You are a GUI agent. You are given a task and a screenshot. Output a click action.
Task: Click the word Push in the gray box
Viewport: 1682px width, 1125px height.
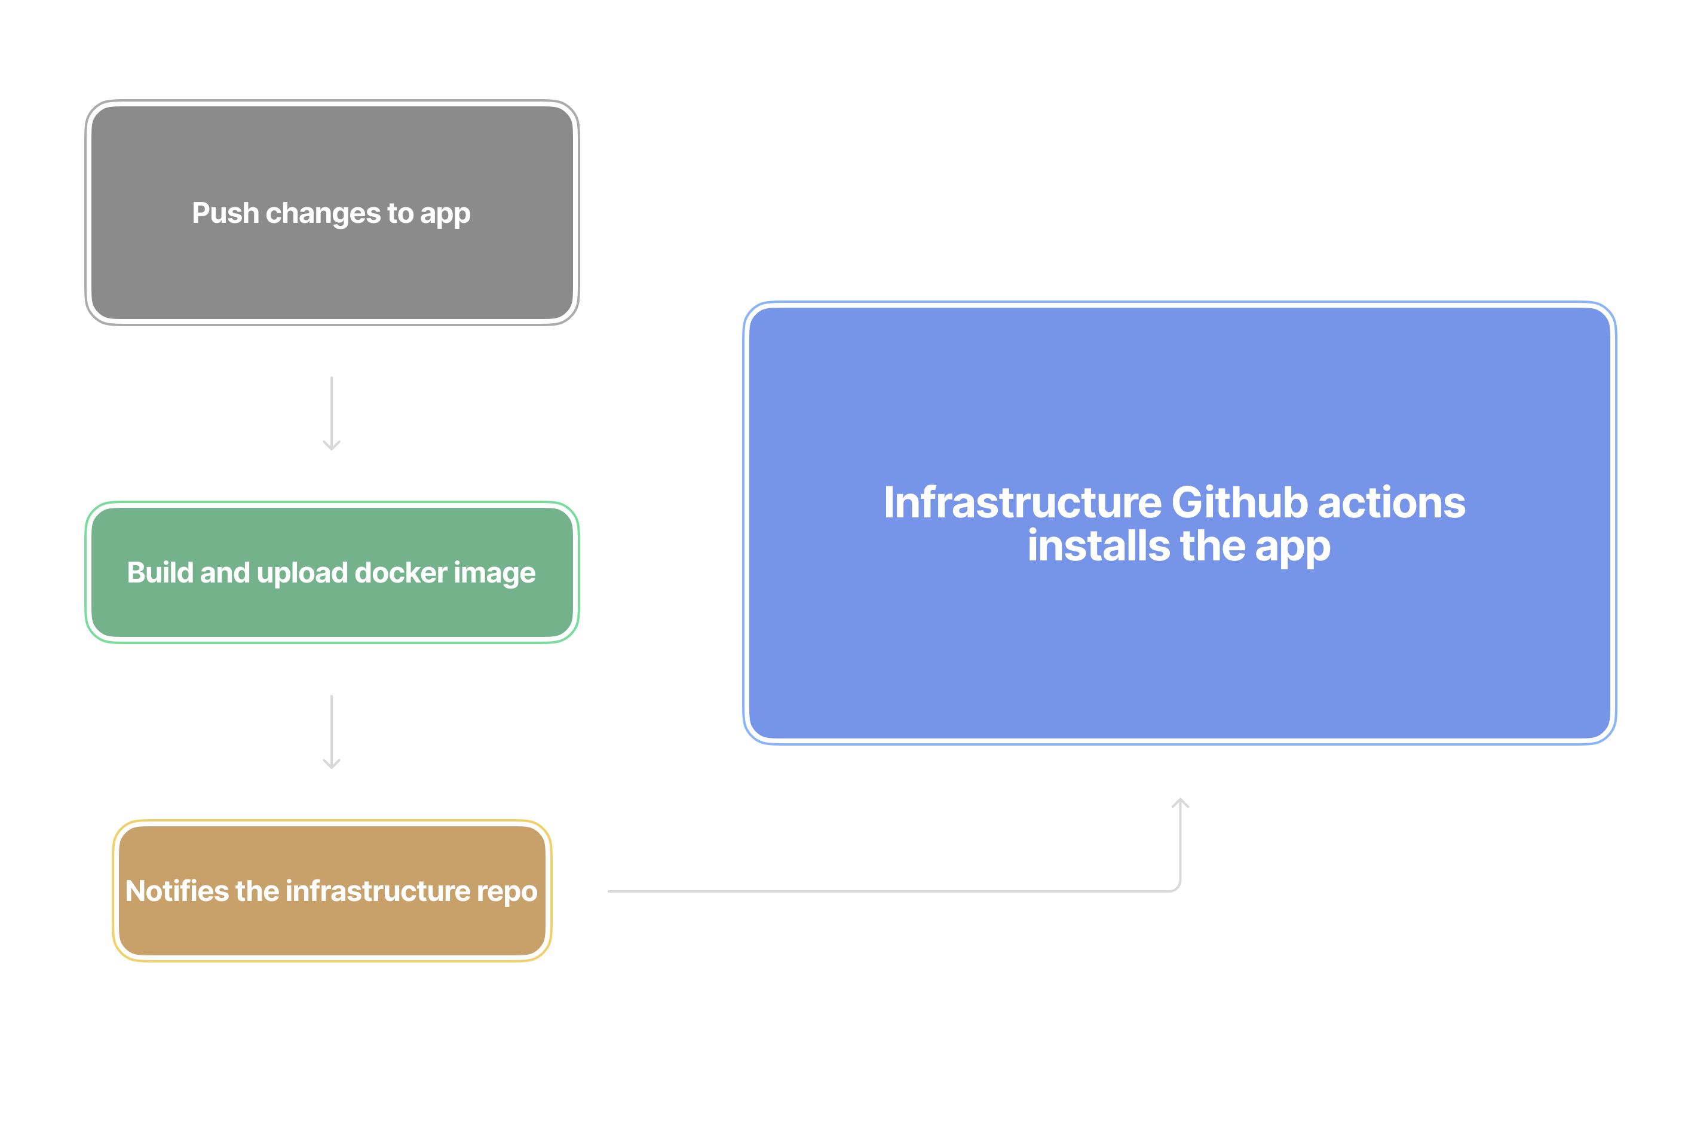(x=225, y=213)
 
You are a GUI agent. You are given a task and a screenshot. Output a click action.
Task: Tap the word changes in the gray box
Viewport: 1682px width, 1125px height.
(x=323, y=213)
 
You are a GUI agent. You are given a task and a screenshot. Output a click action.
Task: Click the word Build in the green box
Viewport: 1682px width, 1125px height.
(x=160, y=572)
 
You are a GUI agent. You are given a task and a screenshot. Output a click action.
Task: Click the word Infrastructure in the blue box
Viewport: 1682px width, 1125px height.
(x=1022, y=502)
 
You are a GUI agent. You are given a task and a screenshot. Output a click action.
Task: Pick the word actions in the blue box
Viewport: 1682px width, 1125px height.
(x=1392, y=502)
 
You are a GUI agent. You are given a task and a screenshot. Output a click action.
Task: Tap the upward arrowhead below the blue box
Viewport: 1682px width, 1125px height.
(x=1181, y=804)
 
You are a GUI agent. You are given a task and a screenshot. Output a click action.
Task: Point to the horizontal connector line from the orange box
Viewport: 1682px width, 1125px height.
(x=861, y=891)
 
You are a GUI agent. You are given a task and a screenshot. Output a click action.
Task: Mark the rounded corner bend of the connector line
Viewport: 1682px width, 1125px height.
(x=1177, y=888)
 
